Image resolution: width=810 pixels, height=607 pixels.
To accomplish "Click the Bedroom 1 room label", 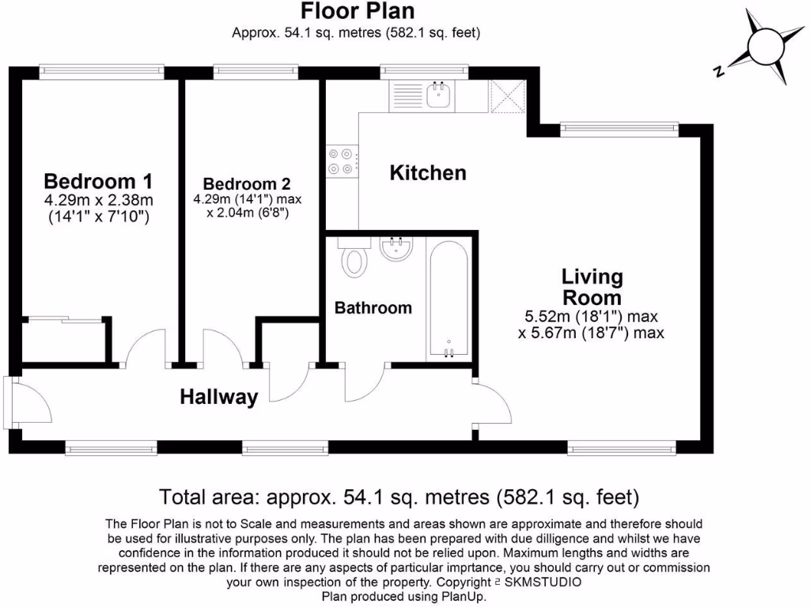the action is [x=98, y=182].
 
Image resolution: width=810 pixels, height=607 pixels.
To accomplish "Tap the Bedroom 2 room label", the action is [x=247, y=183].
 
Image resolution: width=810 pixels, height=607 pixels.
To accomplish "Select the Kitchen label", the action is [x=428, y=173].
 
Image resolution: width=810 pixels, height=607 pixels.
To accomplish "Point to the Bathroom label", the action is [x=373, y=308].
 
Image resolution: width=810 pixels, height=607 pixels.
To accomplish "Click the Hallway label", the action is [x=219, y=398].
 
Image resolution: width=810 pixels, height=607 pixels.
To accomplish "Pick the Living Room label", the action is [x=592, y=287].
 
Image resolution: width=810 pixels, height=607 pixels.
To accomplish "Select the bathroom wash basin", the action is [x=396, y=247].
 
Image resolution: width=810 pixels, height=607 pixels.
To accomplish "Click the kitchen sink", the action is [x=438, y=96].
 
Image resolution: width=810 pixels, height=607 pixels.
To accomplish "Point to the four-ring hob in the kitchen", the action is [x=342, y=160].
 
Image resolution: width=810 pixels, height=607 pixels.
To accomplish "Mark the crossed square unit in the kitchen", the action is [x=507, y=96].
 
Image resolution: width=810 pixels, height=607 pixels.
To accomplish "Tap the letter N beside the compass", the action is [x=718, y=71].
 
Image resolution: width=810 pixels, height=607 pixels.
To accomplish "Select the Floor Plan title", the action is [x=358, y=10].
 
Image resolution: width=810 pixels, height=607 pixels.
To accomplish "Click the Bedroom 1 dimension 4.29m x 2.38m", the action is [x=98, y=200].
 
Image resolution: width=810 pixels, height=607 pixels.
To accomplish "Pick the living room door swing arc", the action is [x=500, y=399].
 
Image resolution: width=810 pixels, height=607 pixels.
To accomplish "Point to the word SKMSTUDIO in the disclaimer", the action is [x=543, y=582].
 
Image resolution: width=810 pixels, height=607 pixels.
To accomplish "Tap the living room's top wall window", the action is [x=619, y=129].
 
